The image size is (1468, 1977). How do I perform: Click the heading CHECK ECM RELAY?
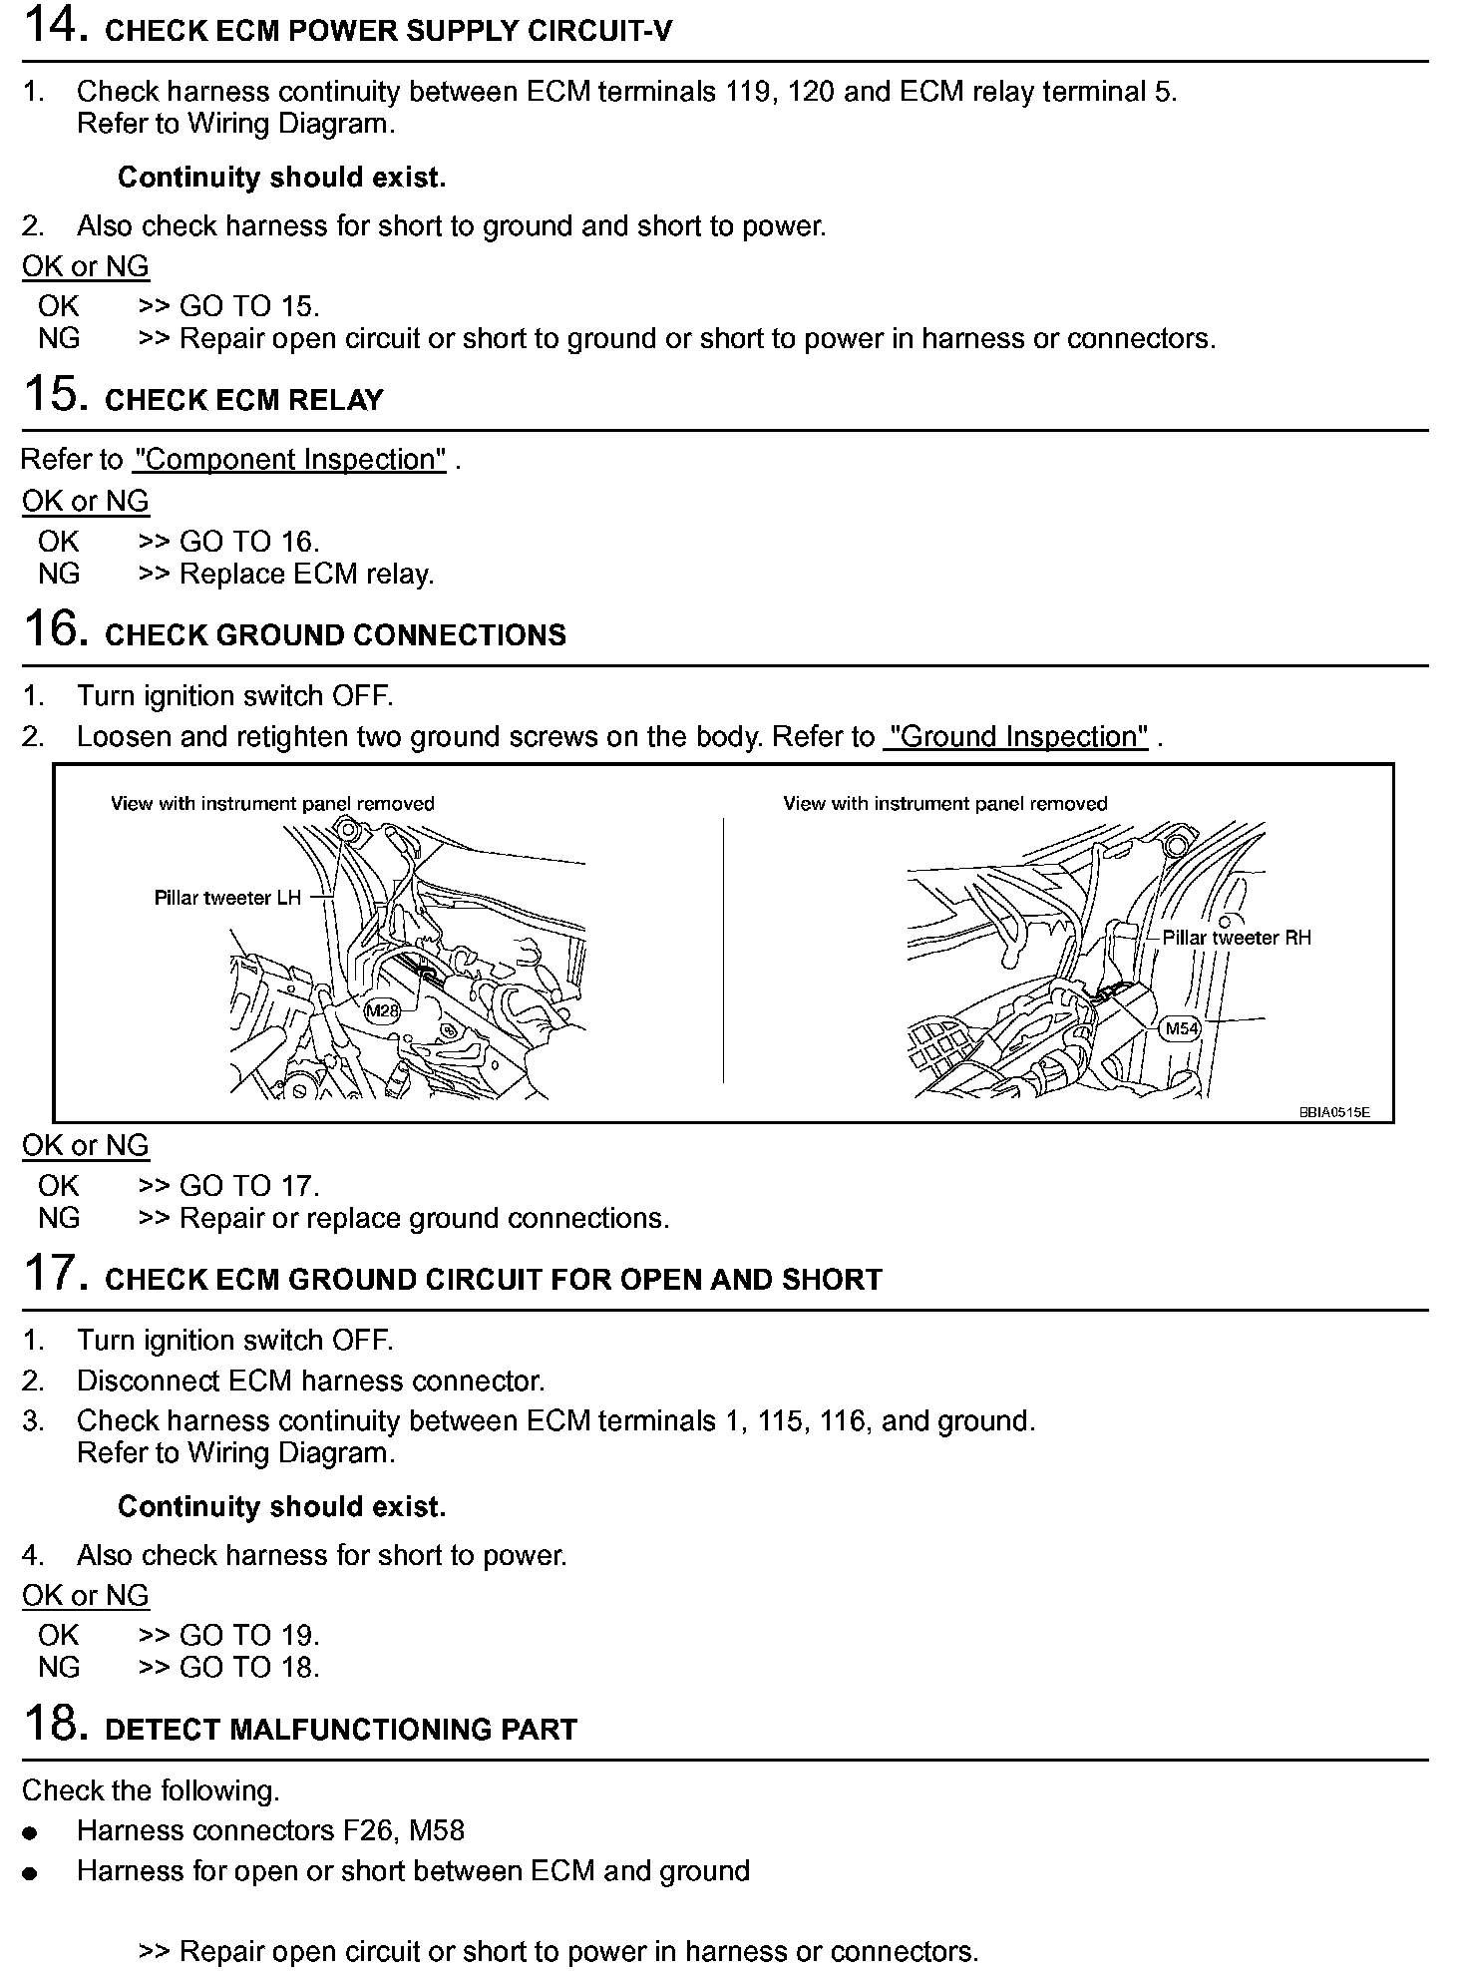point(243,400)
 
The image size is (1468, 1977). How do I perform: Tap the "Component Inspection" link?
point(289,460)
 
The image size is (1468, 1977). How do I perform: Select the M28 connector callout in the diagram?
point(382,1010)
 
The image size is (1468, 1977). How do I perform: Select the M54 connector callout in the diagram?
point(1182,1028)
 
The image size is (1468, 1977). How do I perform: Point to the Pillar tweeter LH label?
point(227,898)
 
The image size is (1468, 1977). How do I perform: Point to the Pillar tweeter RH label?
point(1237,938)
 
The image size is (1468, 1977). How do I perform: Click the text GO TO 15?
point(249,306)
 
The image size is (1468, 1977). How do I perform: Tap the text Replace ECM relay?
point(307,575)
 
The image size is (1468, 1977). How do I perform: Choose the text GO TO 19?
point(249,1635)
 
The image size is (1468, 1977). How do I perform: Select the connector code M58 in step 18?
point(437,1830)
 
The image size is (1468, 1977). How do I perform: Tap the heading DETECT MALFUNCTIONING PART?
point(341,1729)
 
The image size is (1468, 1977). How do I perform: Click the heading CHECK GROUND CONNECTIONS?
point(335,635)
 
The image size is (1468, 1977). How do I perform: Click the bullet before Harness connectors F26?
point(32,1832)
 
